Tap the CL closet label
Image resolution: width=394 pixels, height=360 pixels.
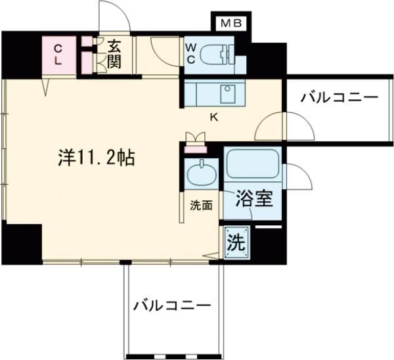point(58,54)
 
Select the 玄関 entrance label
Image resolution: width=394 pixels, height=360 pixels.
point(114,55)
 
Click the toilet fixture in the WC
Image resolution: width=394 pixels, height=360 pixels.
point(221,54)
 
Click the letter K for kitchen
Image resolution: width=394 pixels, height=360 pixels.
point(213,118)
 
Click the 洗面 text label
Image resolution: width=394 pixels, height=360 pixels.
point(202,205)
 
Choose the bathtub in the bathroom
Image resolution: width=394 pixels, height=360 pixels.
point(253,168)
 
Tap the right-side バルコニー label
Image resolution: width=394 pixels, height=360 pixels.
point(339,99)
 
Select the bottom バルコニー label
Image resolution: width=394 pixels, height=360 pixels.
point(172,305)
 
